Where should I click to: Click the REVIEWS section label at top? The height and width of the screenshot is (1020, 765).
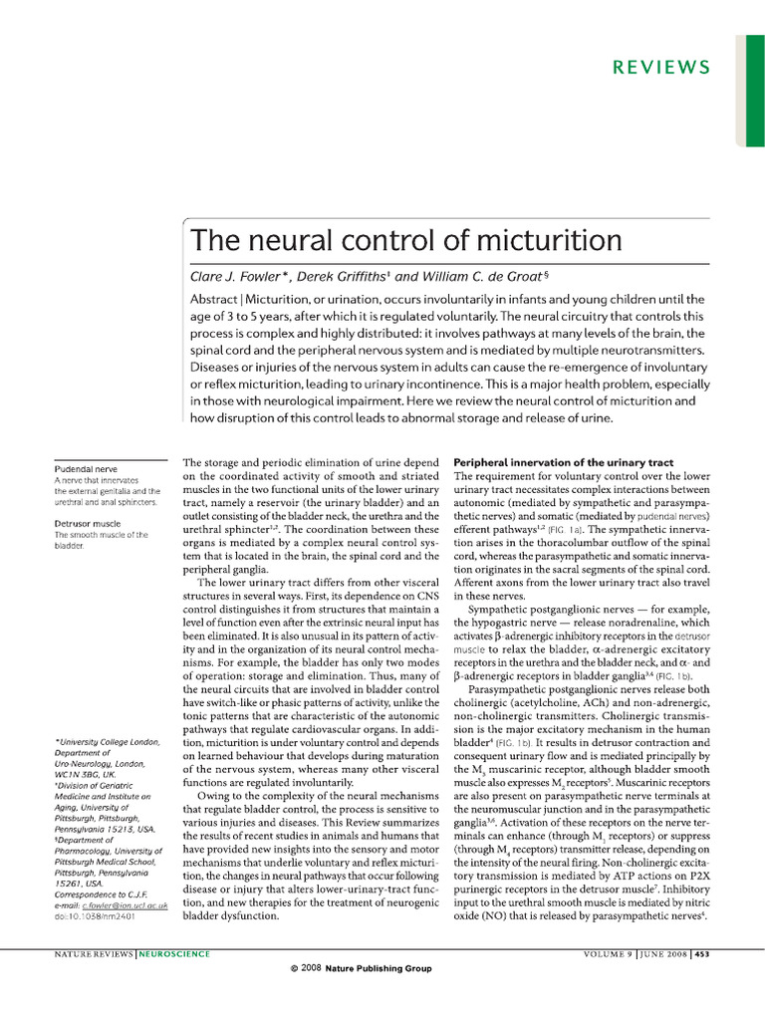click(661, 68)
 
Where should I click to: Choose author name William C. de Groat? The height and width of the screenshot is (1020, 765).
click(480, 276)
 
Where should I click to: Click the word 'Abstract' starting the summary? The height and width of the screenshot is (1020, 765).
click(217, 300)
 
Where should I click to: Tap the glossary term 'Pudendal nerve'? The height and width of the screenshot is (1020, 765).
click(86, 468)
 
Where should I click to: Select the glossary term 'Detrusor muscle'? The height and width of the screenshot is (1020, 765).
click(88, 522)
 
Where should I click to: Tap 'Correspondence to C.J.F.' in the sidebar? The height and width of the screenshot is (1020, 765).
click(104, 892)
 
